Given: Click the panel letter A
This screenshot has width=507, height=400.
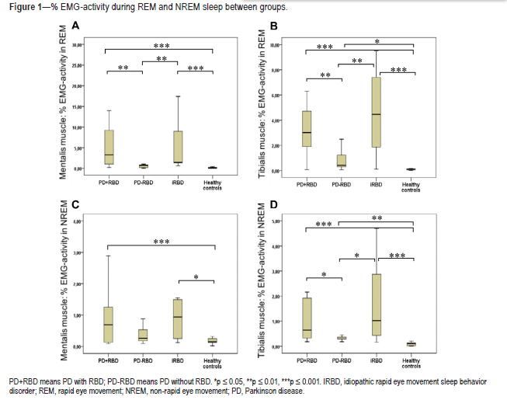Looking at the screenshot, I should (x=75, y=26).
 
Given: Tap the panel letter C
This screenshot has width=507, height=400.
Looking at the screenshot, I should (x=75, y=204).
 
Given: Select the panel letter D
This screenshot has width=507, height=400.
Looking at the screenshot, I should (x=273, y=204).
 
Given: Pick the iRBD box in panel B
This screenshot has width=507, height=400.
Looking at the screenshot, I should (x=377, y=112).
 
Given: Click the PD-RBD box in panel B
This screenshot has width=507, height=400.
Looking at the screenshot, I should (x=342, y=161).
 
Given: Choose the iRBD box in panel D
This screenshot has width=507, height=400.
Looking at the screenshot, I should (x=377, y=305).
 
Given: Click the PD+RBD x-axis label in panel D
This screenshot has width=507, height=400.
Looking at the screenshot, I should (x=307, y=360).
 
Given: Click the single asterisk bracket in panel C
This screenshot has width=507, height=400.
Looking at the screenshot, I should (x=196, y=278).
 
